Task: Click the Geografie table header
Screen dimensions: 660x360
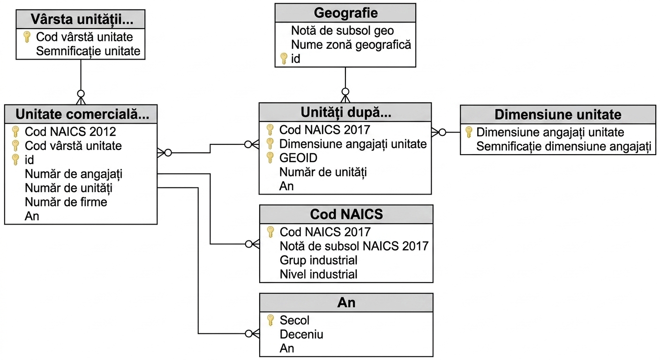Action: pos(345,13)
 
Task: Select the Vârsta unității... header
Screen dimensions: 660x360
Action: pos(82,19)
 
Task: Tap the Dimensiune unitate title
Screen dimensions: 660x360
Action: pos(558,114)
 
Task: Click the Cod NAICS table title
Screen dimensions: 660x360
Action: pos(346,214)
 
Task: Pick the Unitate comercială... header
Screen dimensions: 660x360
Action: pos(82,114)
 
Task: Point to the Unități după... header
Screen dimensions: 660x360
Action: pos(346,112)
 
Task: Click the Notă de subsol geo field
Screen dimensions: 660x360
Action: pos(342,30)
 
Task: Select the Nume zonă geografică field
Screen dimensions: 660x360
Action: pos(351,45)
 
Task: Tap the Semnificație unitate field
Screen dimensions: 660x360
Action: pos(88,51)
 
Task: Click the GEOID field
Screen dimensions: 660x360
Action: pos(298,158)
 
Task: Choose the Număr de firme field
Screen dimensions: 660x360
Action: pos(66,202)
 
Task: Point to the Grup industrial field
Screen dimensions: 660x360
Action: pos(318,260)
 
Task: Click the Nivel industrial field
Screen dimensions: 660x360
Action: pos(318,274)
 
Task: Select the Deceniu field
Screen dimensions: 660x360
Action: pos(301,334)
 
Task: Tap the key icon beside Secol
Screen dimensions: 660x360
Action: pos(270,320)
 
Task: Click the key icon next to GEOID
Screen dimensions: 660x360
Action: pos(270,157)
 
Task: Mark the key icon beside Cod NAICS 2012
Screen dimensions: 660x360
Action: pos(15,132)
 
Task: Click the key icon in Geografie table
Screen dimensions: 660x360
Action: pos(284,59)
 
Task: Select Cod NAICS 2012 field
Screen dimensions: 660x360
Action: pos(70,132)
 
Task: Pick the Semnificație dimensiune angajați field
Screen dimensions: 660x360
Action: pos(563,147)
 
